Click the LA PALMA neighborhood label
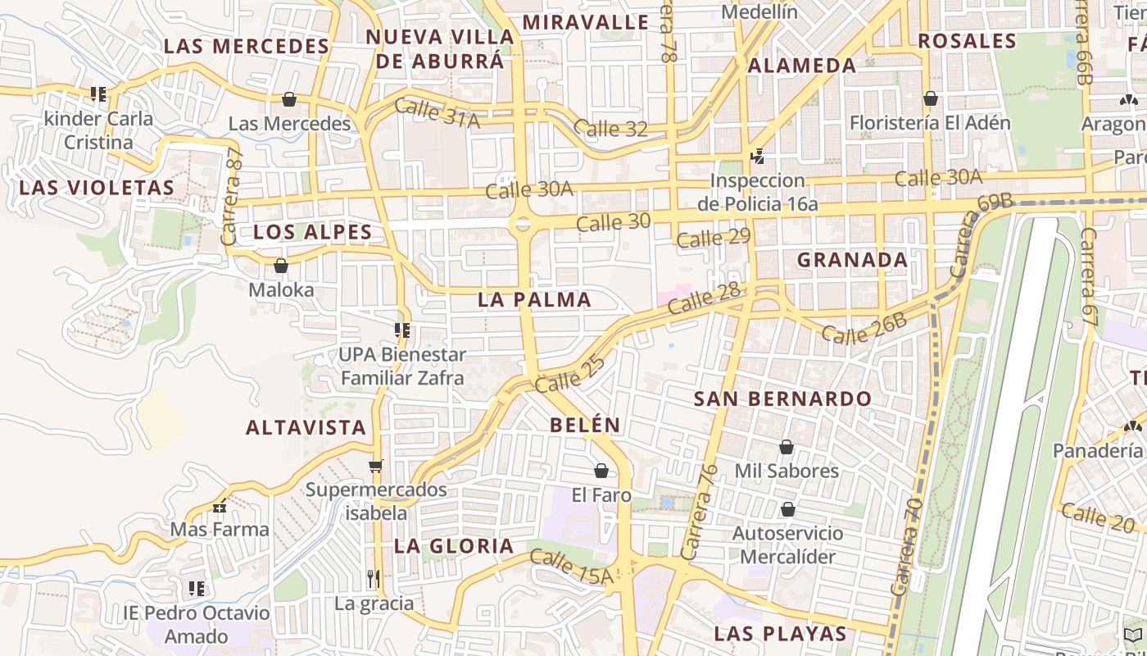(x=534, y=299)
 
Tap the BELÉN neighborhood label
(x=585, y=425)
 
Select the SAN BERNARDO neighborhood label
(x=782, y=399)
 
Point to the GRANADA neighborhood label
(x=852, y=260)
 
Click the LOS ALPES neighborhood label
(x=312, y=232)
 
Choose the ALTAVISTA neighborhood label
(x=306, y=427)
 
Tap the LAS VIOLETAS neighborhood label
(x=97, y=188)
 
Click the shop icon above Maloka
(x=281, y=266)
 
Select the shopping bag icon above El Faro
(x=601, y=471)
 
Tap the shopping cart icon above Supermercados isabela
(x=376, y=466)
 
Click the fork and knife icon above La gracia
(x=374, y=578)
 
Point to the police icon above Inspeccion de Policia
(x=758, y=156)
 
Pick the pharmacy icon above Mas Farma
(x=219, y=506)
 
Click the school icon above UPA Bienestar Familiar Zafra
(x=401, y=330)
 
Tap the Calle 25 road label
(x=570, y=371)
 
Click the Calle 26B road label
(x=864, y=326)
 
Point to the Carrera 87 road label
(x=233, y=197)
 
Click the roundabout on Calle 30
(x=522, y=224)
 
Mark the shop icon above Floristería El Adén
(x=931, y=99)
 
